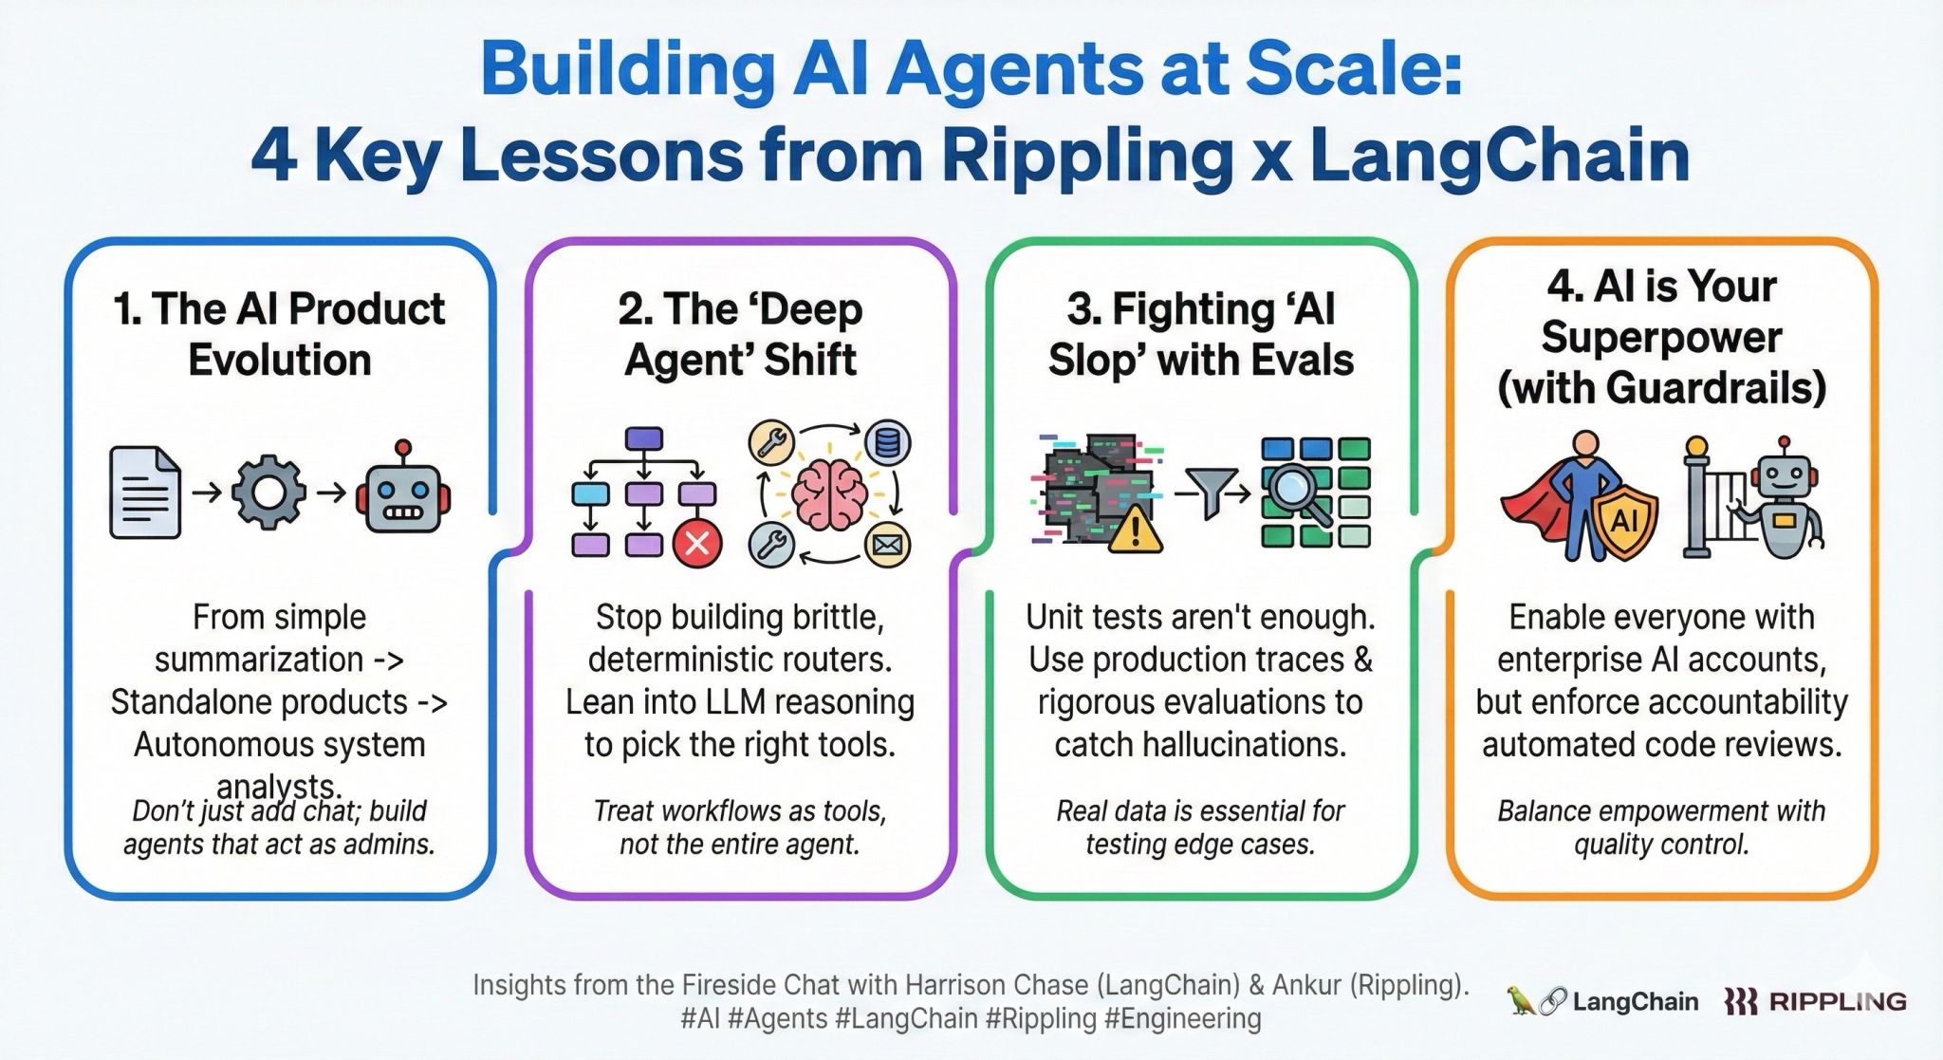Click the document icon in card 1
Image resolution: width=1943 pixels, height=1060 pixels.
pyautogui.click(x=145, y=493)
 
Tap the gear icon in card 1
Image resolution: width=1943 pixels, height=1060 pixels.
pyautogui.click(x=269, y=493)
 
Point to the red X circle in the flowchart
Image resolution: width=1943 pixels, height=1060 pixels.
pyautogui.click(x=697, y=543)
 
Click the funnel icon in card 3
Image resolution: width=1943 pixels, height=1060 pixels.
pyautogui.click(x=1212, y=492)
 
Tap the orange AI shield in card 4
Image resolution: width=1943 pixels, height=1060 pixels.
pyautogui.click(x=1624, y=520)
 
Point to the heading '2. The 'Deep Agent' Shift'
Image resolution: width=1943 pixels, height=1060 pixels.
pyautogui.click(x=740, y=334)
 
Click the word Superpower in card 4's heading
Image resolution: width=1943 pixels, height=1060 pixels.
pyautogui.click(x=1661, y=337)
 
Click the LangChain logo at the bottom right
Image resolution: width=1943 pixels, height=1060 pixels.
pyautogui.click(x=1602, y=1001)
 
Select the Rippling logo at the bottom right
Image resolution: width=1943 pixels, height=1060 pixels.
pyautogui.click(x=1815, y=1001)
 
